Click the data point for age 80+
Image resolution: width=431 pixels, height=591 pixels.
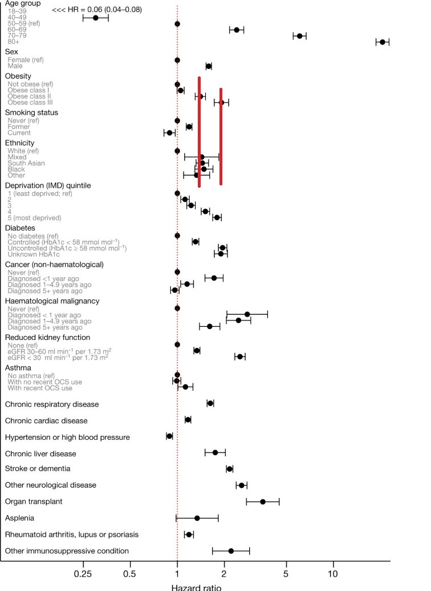pyautogui.click(x=383, y=42)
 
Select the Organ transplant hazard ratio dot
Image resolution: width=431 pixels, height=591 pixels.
pyautogui.click(x=263, y=501)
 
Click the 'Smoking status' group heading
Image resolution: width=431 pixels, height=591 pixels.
pyautogui.click(x=31, y=112)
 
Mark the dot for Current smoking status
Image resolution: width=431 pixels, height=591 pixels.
pyautogui.click(x=169, y=133)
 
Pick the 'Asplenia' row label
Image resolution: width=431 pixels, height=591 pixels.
pyautogui.click(x=20, y=518)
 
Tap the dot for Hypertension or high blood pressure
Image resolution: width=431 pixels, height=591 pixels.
pyautogui.click(x=169, y=436)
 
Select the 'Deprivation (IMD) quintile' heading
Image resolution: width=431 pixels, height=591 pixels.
pyautogui.click(x=48, y=185)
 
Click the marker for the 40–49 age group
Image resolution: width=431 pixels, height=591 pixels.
pyautogui.click(x=96, y=18)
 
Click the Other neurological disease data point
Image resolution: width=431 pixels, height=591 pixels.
pyautogui.click(x=242, y=485)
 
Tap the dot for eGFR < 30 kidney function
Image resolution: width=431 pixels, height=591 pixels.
pyautogui.click(x=240, y=357)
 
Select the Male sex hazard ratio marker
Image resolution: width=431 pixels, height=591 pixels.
pyautogui.click(x=209, y=66)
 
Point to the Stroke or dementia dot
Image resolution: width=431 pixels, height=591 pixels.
pyautogui.click(x=230, y=469)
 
